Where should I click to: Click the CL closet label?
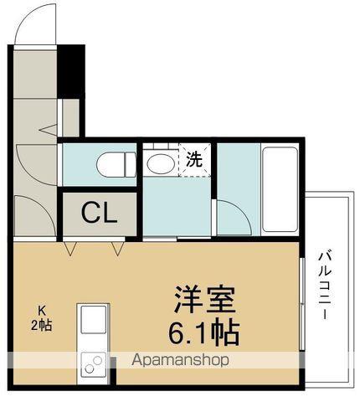pyautogui.click(x=99, y=214)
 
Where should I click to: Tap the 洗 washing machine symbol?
pyautogui.click(x=194, y=160)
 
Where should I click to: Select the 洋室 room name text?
pyautogui.click(x=203, y=300)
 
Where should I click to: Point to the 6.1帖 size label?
pyautogui.click(x=203, y=333)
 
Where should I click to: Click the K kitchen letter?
pyautogui.click(x=42, y=310)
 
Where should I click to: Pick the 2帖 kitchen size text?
pyautogui.click(x=41, y=325)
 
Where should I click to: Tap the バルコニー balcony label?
pyautogui.click(x=325, y=285)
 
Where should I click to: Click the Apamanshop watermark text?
pyautogui.click(x=180, y=360)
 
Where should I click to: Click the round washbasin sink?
pyautogui.click(x=161, y=163)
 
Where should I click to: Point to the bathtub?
pyautogui.click(x=280, y=189)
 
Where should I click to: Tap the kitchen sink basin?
pyautogui.click(x=93, y=319)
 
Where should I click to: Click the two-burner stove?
pyautogui.click(x=93, y=364)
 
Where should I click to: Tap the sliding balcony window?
pyautogui.click(x=302, y=304)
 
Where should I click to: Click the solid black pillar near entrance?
pyautogui.click(x=71, y=71)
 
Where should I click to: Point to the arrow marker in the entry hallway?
pyautogui.click(x=48, y=130)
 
